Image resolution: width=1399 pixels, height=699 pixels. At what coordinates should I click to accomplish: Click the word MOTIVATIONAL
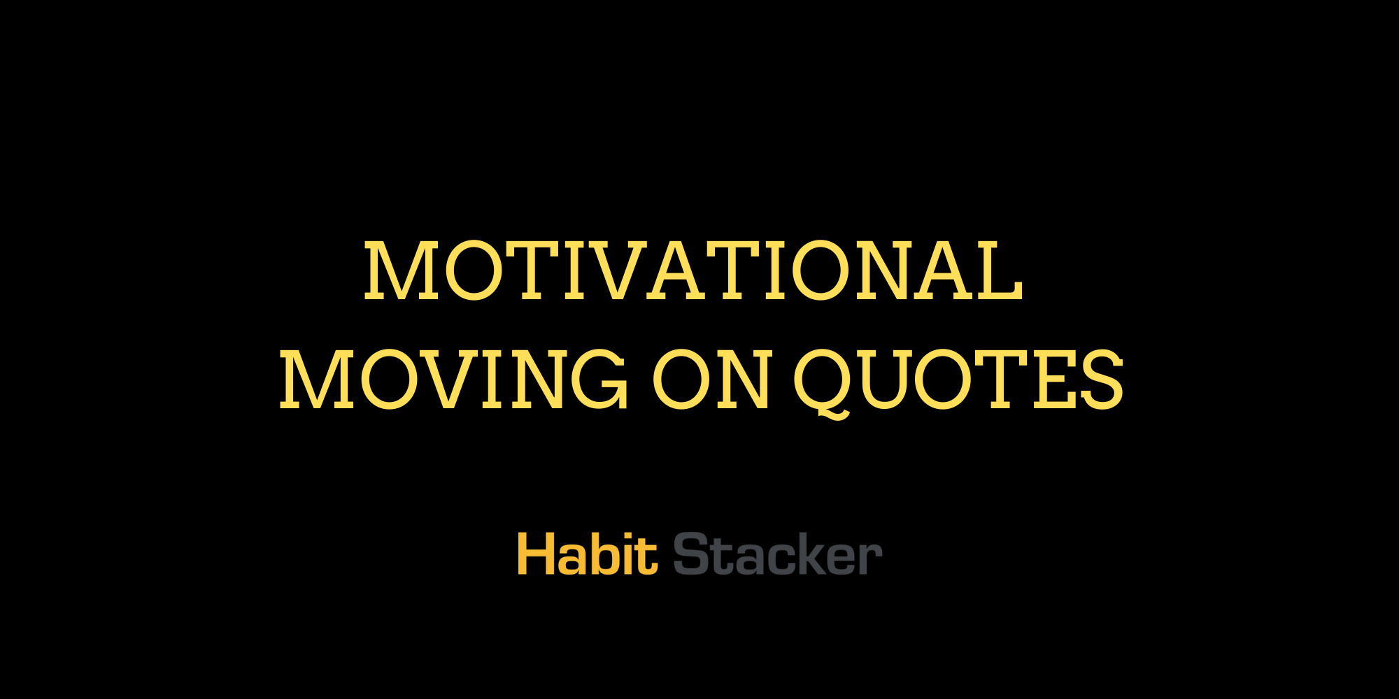pyautogui.click(x=693, y=271)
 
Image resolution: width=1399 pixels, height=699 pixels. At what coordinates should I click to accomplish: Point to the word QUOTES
pyautogui.click(x=958, y=381)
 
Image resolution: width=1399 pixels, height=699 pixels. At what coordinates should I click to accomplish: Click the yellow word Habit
pyautogui.click(x=587, y=554)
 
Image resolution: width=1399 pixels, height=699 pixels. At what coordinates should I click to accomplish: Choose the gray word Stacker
pyautogui.click(x=777, y=554)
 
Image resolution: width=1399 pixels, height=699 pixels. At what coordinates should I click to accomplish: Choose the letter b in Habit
pyautogui.click(x=599, y=554)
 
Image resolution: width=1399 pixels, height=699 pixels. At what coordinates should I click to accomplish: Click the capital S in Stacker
pyautogui.click(x=690, y=554)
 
